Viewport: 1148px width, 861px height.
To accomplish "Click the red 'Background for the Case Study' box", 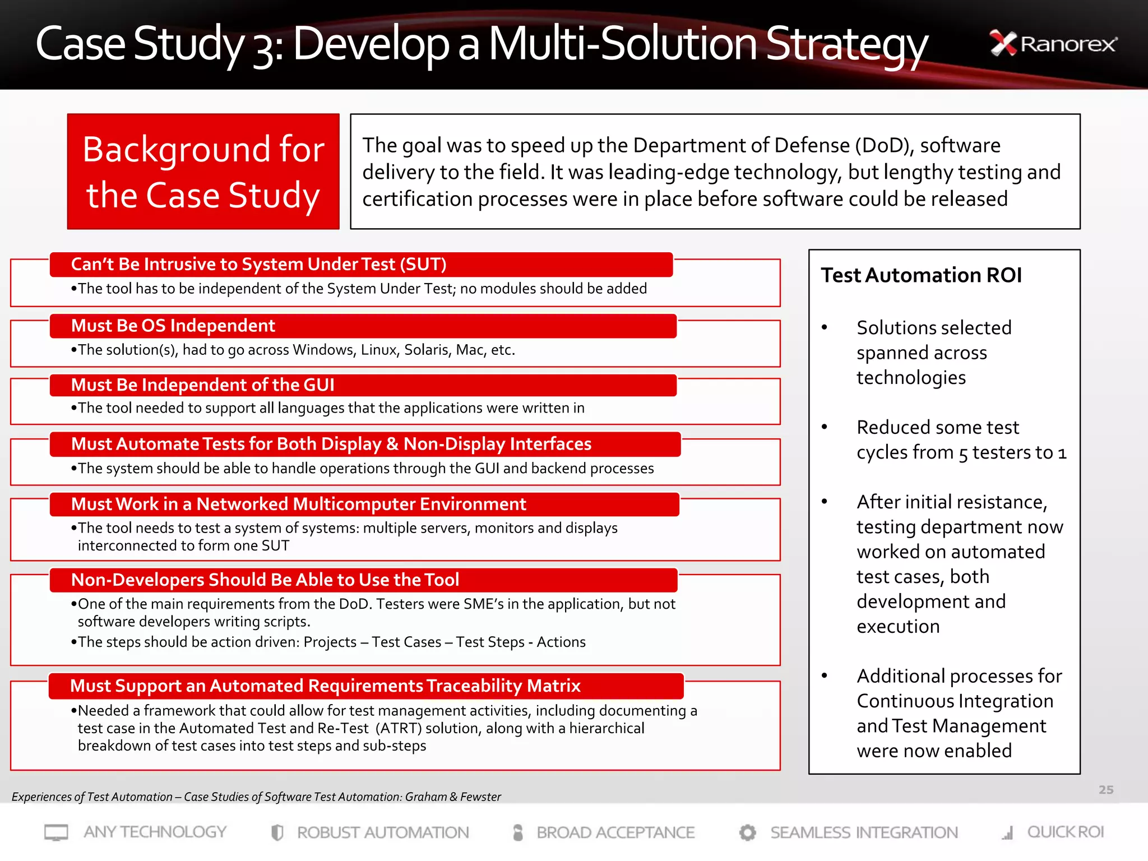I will click(203, 172).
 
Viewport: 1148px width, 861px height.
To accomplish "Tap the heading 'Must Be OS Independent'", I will click(173, 326).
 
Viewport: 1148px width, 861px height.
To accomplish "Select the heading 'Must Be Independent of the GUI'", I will click(202, 385).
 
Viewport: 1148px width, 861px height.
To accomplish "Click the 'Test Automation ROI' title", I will click(921, 275).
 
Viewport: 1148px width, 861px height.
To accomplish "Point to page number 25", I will click(1105, 790).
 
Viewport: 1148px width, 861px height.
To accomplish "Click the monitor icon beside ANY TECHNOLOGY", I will click(56, 832).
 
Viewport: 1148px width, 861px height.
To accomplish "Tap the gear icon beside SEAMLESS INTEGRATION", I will click(747, 832).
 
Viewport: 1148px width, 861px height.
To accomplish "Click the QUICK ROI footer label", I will click(1065, 832).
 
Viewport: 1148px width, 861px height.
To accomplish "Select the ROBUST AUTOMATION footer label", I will click(383, 832).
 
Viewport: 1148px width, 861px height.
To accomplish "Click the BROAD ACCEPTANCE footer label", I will click(615, 832).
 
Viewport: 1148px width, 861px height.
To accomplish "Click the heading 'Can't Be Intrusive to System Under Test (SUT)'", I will click(258, 265).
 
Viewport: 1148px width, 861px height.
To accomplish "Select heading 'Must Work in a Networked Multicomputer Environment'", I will click(298, 504).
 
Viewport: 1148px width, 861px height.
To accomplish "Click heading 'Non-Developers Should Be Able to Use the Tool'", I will click(265, 580).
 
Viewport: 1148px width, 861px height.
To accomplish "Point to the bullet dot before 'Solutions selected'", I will click(824, 327).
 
